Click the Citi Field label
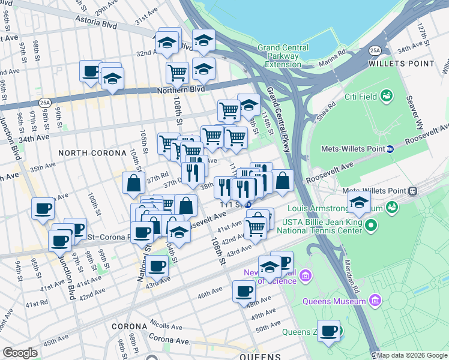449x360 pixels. click(x=360, y=95)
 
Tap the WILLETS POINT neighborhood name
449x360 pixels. click(x=401, y=63)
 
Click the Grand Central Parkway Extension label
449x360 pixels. click(x=283, y=56)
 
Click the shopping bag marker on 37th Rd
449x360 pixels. click(x=133, y=184)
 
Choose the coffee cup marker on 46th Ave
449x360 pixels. click(x=243, y=292)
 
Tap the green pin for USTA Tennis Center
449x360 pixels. click(x=372, y=226)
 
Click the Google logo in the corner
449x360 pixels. click(x=20, y=353)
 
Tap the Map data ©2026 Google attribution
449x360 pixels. click(x=412, y=355)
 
